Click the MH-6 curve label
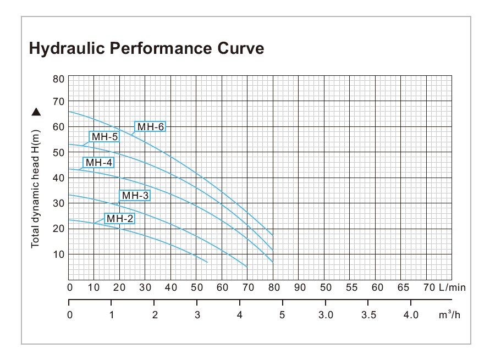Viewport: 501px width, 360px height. [151, 127]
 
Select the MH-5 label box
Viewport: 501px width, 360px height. [104, 137]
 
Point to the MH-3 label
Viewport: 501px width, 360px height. [135, 195]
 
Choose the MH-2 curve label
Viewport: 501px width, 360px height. [120, 219]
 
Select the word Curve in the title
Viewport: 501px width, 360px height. [240, 48]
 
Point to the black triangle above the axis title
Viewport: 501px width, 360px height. [36, 112]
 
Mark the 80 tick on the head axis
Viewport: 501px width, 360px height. [58, 79]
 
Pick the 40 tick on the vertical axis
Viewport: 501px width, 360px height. [58, 178]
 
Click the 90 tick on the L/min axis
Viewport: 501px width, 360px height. [300, 287]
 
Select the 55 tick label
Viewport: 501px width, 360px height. [351, 287]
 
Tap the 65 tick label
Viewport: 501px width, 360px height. [403, 287]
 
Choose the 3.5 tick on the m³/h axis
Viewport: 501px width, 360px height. [368, 315]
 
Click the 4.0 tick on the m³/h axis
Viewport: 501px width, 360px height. [411, 315]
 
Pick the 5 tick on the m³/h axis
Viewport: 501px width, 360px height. [282, 315]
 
